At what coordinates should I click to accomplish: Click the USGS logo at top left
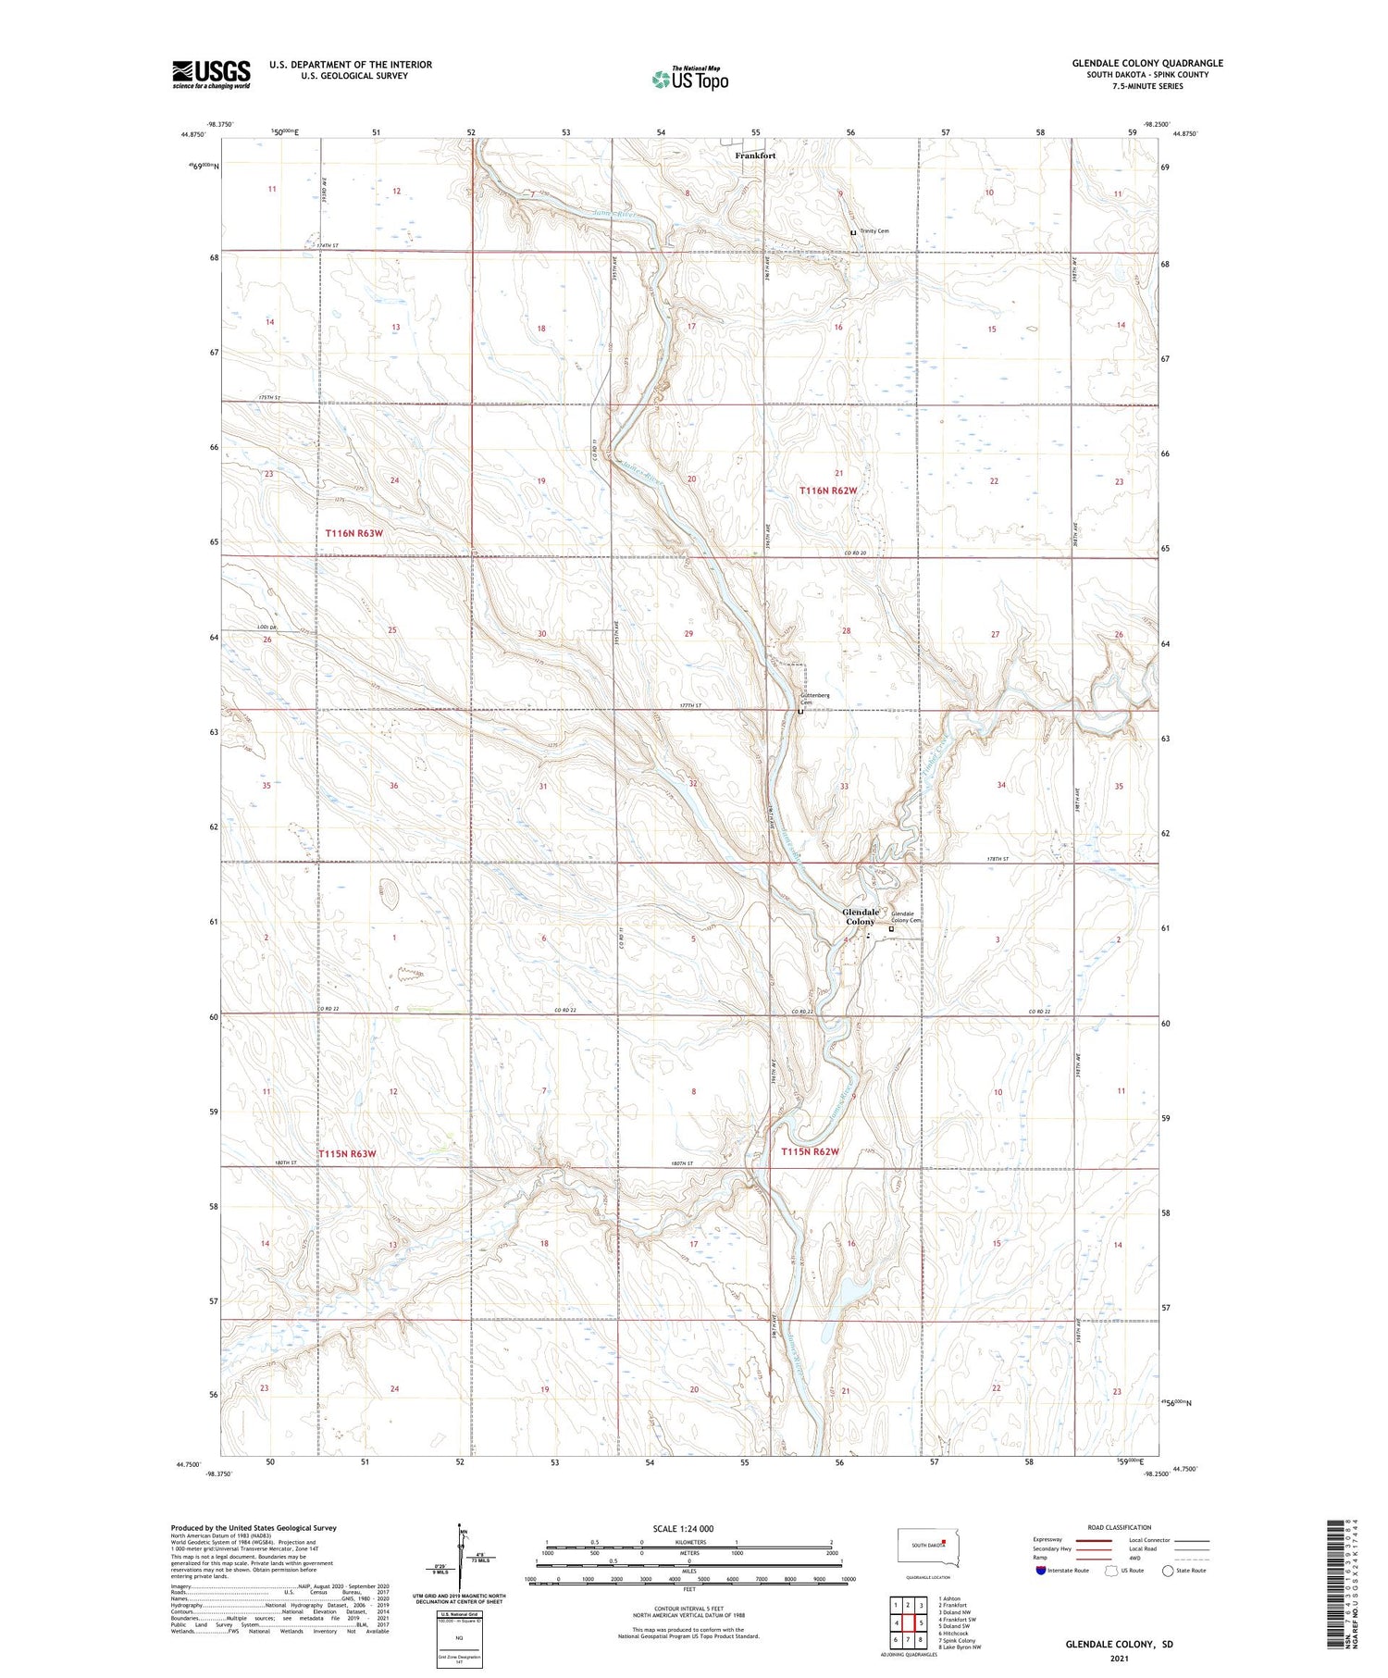click(x=211, y=74)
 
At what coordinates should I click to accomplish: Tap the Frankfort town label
click(x=755, y=155)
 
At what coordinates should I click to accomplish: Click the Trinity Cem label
click(x=874, y=231)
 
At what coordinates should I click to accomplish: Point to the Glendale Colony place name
click(x=860, y=916)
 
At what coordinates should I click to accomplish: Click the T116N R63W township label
click(x=353, y=533)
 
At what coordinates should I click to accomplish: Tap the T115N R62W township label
click(x=810, y=1151)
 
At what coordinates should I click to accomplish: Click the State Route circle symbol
click(x=1168, y=1571)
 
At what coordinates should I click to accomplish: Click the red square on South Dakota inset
click(x=943, y=1542)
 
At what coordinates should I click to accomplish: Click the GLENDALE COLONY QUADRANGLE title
click(x=1147, y=63)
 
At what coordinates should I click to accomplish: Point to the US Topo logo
click(x=689, y=80)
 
